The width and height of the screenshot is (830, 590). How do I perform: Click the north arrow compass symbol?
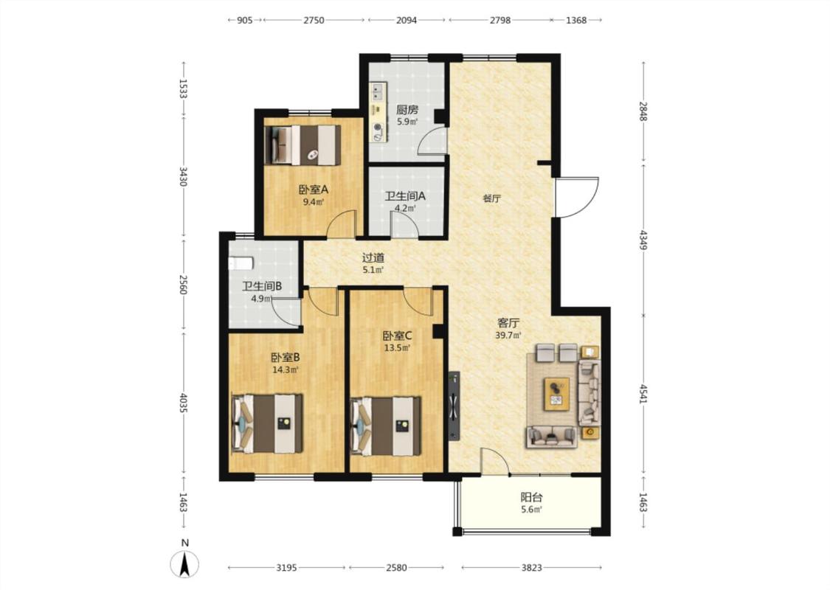click(x=184, y=564)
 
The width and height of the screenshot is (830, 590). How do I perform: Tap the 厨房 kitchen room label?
click(x=407, y=110)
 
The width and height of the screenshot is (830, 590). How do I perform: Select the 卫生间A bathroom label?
click(x=405, y=195)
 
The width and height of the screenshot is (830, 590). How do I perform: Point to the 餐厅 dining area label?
click(x=492, y=199)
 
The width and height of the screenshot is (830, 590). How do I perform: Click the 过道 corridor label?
click(x=373, y=257)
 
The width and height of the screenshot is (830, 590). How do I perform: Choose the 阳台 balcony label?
click(x=531, y=497)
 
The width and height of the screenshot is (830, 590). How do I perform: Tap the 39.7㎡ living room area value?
click(x=508, y=335)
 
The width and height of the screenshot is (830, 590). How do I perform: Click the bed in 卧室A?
click(x=302, y=145)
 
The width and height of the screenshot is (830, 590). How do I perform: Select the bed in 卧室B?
click(x=267, y=423)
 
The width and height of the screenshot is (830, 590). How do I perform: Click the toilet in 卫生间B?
click(x=241, y=263)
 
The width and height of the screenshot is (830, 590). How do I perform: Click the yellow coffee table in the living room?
click(x=557, y=394)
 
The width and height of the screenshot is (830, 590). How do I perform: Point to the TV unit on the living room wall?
click(x=454, y=406)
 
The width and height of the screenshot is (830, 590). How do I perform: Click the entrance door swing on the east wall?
click(x=576, y=197)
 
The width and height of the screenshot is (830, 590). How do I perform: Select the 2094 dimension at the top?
click(x=407, y=20)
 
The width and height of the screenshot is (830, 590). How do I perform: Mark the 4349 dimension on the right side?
click(x=643, y=240)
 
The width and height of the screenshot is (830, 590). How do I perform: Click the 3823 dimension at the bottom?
click(x=531, y=568)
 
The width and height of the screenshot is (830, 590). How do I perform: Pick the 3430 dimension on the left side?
click(x=183, y=176)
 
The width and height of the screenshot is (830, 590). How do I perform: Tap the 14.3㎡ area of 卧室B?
click(x=286, y=370)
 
